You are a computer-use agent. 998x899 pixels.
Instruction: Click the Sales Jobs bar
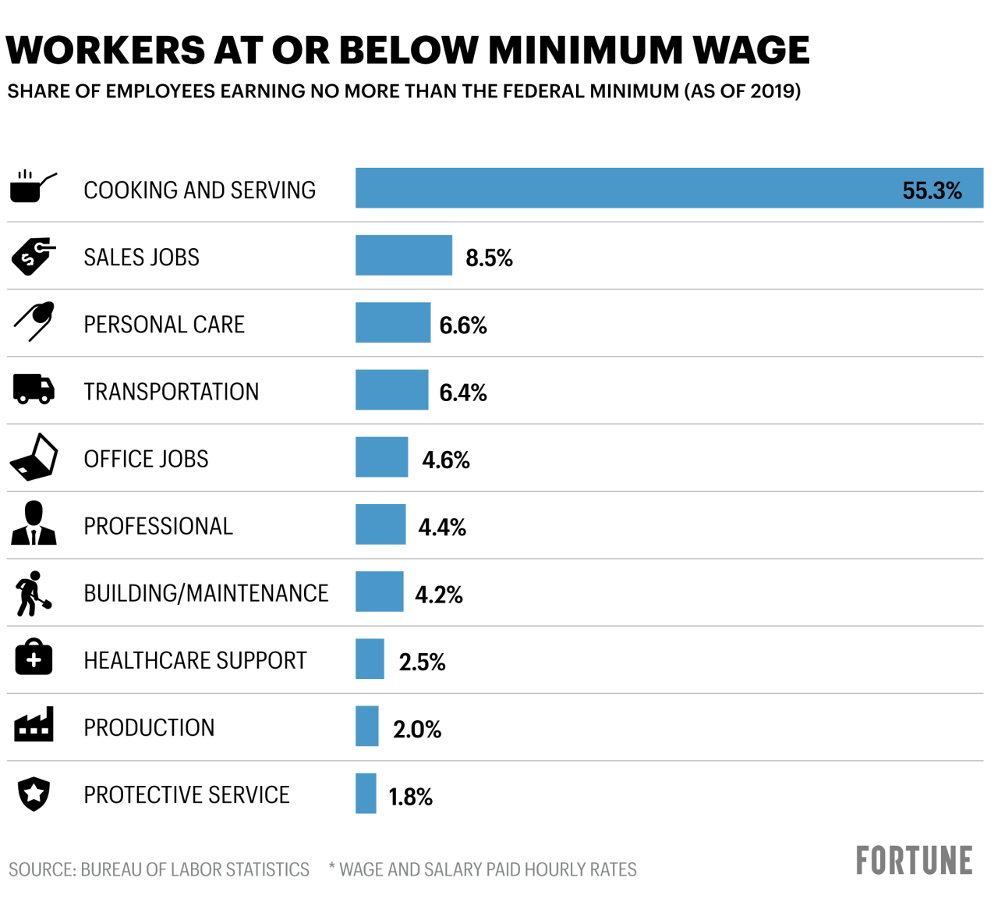pyautogui.click(x=403, y=255)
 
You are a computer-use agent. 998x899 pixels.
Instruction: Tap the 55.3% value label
pyautogui.click(x=932, y=190)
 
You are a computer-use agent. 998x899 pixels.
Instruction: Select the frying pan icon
pyautogui.click(x=33, y=187)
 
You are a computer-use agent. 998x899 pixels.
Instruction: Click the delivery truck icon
pyautogui.click(x=34, y=389)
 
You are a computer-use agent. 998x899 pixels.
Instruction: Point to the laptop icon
pyautogui.click(x=35, y=457)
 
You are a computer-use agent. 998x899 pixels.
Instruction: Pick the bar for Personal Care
pyautogui.click(x=392, y=322)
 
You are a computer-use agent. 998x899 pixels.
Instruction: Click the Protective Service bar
pyautogui.click(x=366, y=793)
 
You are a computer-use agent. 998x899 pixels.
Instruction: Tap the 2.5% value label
pyautogui.click(x=422, y=663)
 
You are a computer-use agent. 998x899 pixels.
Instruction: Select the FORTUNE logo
pyautogui.click(x=914, y=861)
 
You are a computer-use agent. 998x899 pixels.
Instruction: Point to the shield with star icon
pyautogui.click(x=34, y=794)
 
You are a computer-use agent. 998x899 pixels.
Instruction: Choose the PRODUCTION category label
pyautogui.click(x=149, y=728)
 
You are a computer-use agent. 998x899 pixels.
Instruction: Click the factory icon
pyautogui.click(x=34, y=725)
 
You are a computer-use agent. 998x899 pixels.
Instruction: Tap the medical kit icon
pyautogui.click(x=34, y=658)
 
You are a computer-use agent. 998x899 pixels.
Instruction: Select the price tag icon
pyautogui.click(x=33, y=255)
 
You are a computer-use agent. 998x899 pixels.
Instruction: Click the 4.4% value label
pyautogui.click(x=442, y=528)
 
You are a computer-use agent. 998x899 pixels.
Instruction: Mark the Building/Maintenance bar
pyautogui.click(x=379, y=592)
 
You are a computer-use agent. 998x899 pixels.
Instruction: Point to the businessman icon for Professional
pyautogui.click(x=34, y=524)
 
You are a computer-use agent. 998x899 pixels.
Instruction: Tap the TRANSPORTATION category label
pyautogui.click(x=171, y=392)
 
